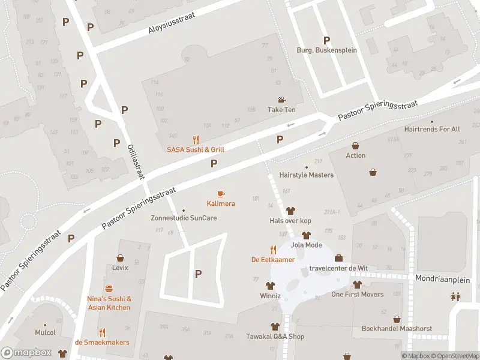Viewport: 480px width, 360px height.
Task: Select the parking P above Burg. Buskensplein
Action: click(x=326, y=40)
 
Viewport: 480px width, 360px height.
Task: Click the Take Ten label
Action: click(x=281, y=110)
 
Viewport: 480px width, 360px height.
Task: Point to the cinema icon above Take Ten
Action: click(x=281, y=100)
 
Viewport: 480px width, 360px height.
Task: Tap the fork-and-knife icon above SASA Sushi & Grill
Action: click(x=196, y=139)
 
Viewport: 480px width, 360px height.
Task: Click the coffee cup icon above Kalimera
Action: click(x=221, y=194)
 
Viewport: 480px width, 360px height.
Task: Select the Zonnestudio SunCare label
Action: click(x=184, y=218)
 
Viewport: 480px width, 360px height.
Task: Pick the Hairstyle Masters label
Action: click(x=307, y=175)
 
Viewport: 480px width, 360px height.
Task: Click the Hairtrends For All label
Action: click(x=432, y=129)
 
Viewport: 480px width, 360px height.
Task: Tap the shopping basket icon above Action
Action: click(x=356, y=146)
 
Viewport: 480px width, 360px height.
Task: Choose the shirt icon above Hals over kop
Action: click(x=290, y=211)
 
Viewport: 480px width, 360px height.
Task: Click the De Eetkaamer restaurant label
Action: click(x=273, y=259)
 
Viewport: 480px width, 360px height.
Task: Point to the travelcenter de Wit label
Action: click(x=338, y=268)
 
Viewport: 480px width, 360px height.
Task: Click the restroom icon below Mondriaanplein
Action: click(x=455, y=296)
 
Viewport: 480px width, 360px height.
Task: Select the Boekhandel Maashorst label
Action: click(x=396, y=328)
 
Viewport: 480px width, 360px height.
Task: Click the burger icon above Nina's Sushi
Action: click(x=109, y=289)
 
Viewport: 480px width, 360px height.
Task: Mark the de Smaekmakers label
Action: click(x=102, y=342)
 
